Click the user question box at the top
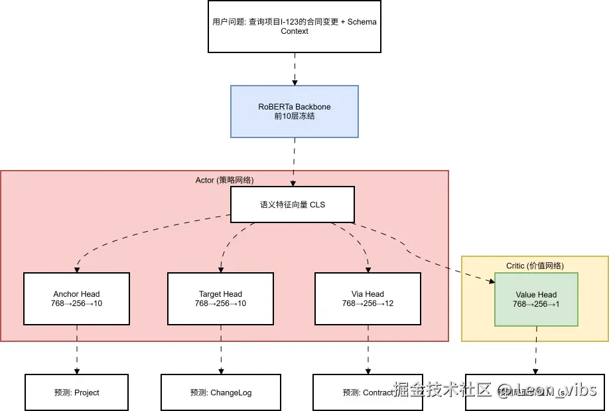pyautogui.click(x=295, y=27)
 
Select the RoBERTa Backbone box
pyautogui.click(x=295, y=111)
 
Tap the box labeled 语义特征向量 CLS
pyautogui.click(x=293, y=205)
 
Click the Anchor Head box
pyautogui.click(x=76, y=299)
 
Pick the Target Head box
pyautogui.click(x=220, y=299)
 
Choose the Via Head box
pyautogui.click(x=367, y=299)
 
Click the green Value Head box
pyautogui.click(x=536, y=299)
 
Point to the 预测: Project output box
pyautogui.click(x=77, y=392)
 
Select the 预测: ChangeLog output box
pyautogui.click(x=221, y=392)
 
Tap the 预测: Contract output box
pyautogui.click(x=352, y=392)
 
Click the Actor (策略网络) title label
pyautogui.click(x=224, y=180)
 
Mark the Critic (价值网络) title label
pyautogui.click(x=535, y=266)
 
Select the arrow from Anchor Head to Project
pyautogui.click(x=77, y=349)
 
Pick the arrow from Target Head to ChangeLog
pyautogui.click(x=221, y=349)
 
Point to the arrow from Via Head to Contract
pyautogui.click(x=367, y=349)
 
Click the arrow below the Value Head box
pyautogui.click(x=536, y=350)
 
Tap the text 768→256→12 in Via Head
pyautogui.click(x=367, y=303)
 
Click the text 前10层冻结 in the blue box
pyautogui.click(x=295, y=116)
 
